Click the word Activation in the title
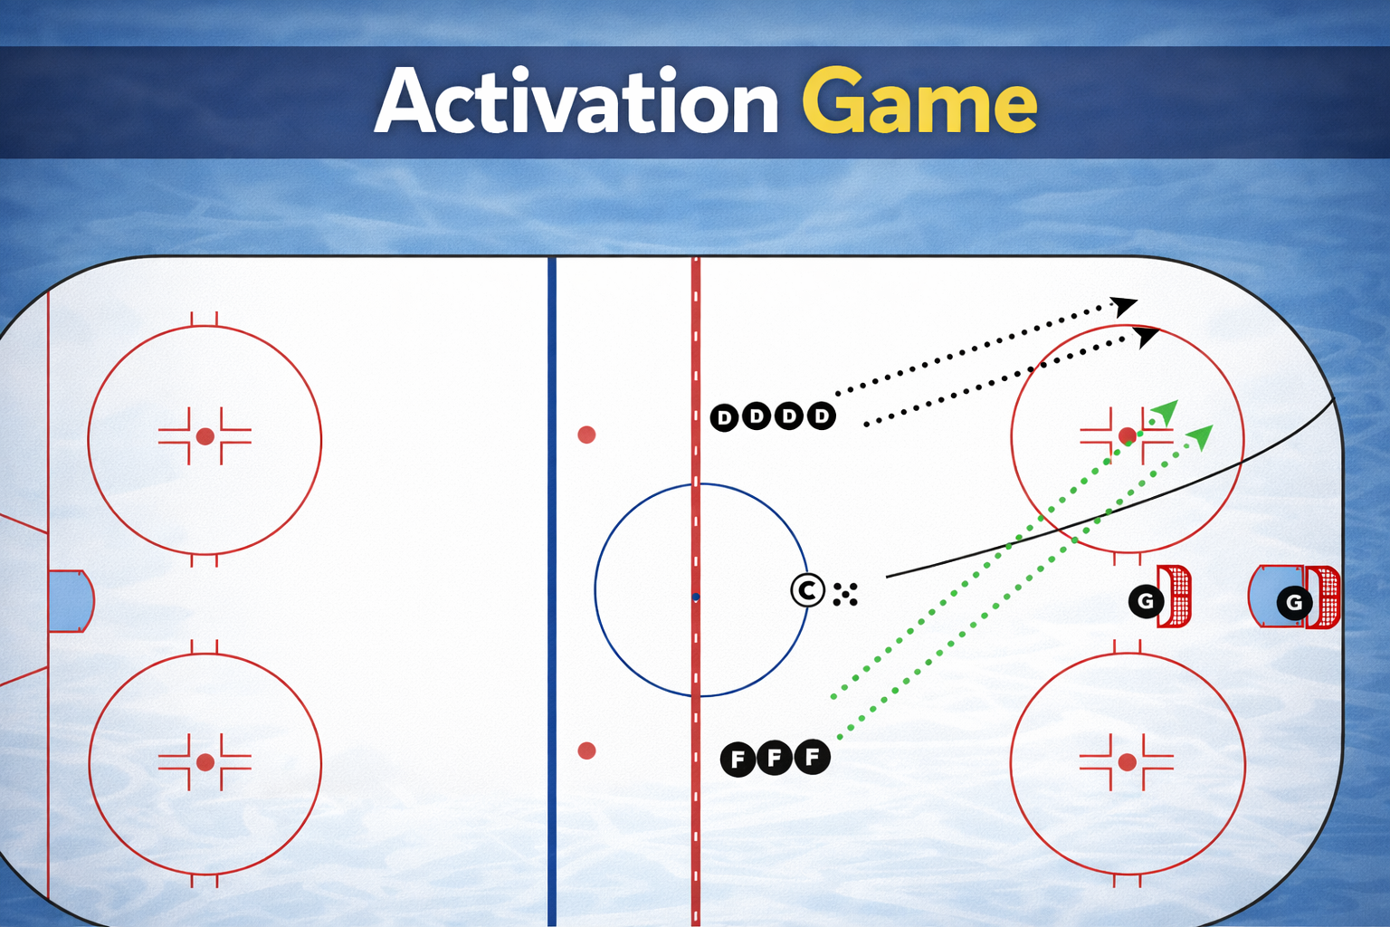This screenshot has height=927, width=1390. pos(576,102)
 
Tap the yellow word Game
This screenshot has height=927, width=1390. pos(919,102)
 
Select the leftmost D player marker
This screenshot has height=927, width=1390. pos(724,417)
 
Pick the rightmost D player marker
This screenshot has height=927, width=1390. pos(821,416)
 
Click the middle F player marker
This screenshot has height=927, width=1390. pos(775,757)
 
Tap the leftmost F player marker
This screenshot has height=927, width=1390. pos(738,759)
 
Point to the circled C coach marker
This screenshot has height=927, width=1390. pos(807,591)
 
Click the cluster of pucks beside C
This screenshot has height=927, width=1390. pos(845,594)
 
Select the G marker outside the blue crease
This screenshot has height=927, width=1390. pos(1146,601)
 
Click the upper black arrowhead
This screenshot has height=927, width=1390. pos(1125,306)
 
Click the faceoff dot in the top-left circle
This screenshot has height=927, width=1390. pos(205,436)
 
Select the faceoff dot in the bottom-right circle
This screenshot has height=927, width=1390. pos(1127,762)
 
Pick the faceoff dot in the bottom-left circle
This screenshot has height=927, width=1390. pos(205,762)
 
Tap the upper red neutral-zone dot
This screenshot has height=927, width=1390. pos(586,435)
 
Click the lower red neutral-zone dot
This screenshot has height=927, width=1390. pos(586,750)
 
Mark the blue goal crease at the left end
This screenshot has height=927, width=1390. pos(70,600)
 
